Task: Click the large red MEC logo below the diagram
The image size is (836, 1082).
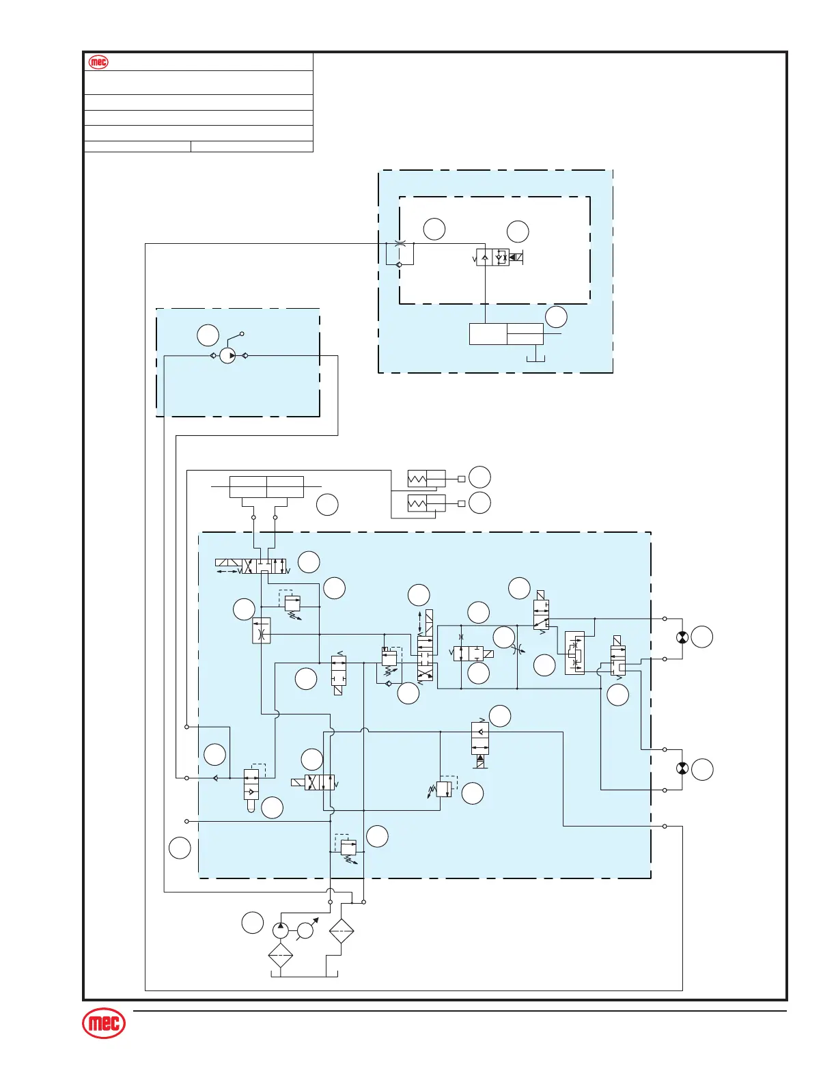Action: (104, 1024)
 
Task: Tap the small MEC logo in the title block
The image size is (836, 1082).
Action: (98, 62)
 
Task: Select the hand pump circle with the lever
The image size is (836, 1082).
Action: (228, 356)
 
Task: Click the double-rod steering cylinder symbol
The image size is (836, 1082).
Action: (266, 487)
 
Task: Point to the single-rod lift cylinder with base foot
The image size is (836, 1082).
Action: (506, 334)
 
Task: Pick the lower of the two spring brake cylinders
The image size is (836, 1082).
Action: (426, 503)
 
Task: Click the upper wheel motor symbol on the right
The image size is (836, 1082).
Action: (681, 637)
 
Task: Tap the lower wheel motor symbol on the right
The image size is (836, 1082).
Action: (681, 769)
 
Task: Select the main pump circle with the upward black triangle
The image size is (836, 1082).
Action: (281, 930)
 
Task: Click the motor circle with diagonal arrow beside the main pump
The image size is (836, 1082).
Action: (305, 930)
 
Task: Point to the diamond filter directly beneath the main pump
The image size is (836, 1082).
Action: (281, 956)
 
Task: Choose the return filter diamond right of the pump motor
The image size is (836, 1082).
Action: (341, 930)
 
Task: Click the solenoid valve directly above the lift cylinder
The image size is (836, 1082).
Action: (493, 258)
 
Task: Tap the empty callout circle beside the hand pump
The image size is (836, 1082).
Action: (208, 335)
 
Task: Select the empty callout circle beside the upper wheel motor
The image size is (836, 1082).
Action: (701, 637)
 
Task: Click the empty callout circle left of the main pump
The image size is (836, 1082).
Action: (252, 922)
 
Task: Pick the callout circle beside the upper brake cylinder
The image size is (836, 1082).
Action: (480, 477)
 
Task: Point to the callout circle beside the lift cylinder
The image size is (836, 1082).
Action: (556, 317)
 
